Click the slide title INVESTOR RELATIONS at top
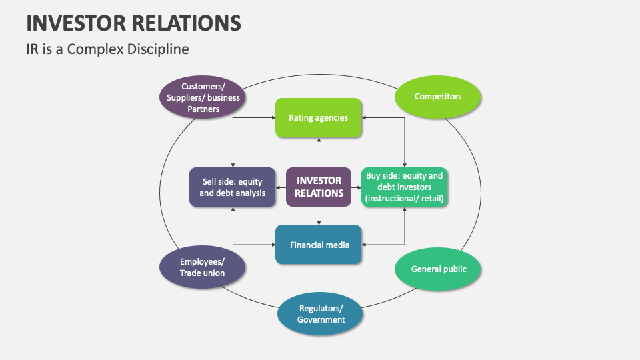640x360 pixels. (x=133, y=23)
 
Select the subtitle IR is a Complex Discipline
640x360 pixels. (x=107, y=49)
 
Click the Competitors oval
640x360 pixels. (x=437, y=97)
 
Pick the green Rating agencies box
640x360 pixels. (x=319, y=118)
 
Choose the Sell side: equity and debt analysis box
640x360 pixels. (x=232, y=187)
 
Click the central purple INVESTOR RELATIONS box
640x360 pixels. (x=319, y=187)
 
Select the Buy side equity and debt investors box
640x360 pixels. (x=405, y=187)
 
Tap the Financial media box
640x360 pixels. (x=319, y=245)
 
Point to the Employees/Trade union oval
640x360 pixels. (x=203, y=267)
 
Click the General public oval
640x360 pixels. (x=438, y=269)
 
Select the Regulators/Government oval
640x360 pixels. (x=321, y=313)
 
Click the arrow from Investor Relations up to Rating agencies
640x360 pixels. (x=319, y=153)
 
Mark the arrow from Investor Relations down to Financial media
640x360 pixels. (x=319, y=215)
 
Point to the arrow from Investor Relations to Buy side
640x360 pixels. (x=356, y=187)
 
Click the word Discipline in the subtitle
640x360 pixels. (x=160, y=49)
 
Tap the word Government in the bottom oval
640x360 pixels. (x=321, y=319)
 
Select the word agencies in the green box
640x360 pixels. (x=332, y=118)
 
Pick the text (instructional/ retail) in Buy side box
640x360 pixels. (x=405, y=198)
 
